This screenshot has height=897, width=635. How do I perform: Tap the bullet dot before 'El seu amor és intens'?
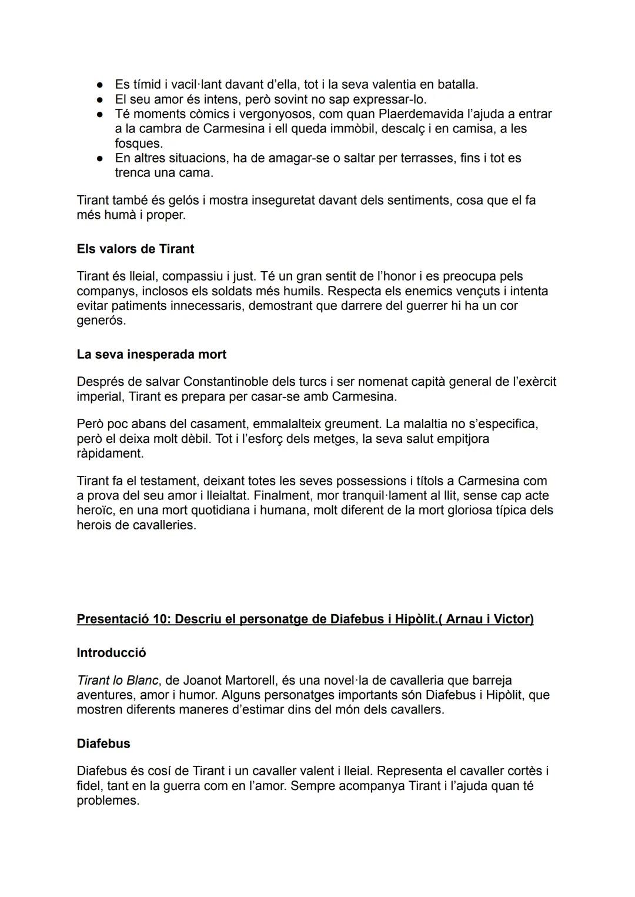tap(101, 99)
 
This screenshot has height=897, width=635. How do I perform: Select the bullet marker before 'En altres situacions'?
tap(101, 158)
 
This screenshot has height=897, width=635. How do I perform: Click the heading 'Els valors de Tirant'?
tap(135, 249)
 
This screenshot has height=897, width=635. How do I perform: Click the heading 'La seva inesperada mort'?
tap(151, 354)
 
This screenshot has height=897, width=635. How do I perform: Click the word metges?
tap(337, 439)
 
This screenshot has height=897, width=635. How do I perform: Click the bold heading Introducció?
tap(111, 653)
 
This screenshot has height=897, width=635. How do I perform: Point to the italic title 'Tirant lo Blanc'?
tap(117, 681)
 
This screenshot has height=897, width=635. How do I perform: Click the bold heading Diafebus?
tap(103, 743)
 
